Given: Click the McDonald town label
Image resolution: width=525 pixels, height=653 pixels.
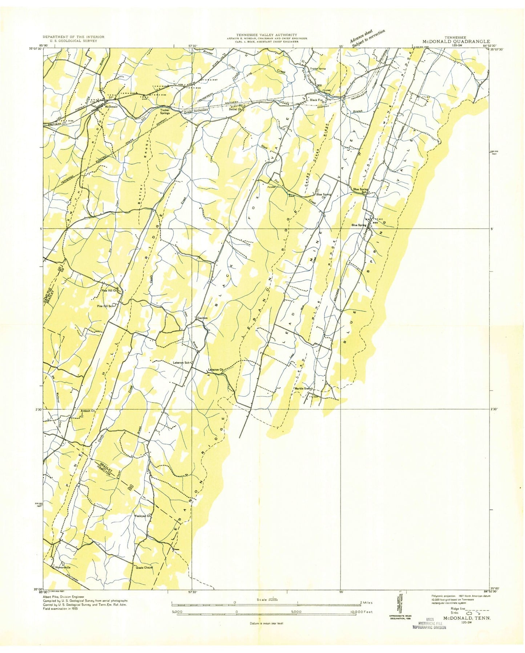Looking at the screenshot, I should (111, 107).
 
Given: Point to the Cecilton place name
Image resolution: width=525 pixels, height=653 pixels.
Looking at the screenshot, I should (202, 318).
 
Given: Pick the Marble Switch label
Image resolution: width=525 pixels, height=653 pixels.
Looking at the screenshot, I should (304, 388).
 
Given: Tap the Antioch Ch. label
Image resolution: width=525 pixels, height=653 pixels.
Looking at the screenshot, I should (88, 411).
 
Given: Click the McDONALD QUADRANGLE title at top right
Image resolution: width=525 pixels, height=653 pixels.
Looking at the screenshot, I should (456, 42).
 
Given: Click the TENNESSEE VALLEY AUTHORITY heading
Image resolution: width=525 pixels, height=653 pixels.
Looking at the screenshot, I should (267, 34).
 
